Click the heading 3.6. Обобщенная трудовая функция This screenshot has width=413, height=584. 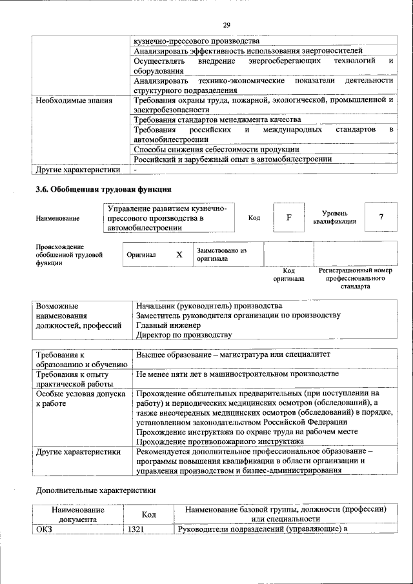click(103, 190)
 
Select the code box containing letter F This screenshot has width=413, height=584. click(289, 217)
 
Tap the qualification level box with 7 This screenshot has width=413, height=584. click(381, 217)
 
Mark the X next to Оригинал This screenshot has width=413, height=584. click(179, 254)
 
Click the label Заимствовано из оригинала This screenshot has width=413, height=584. click(221, 254)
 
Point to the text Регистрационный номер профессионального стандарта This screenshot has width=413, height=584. click(355, 279)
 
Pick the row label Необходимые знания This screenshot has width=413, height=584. click(74, 101)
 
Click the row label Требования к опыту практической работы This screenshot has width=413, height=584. click(72, 379)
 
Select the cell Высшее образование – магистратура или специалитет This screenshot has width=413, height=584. click(232, 355)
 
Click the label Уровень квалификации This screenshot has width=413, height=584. click(334, 217)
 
